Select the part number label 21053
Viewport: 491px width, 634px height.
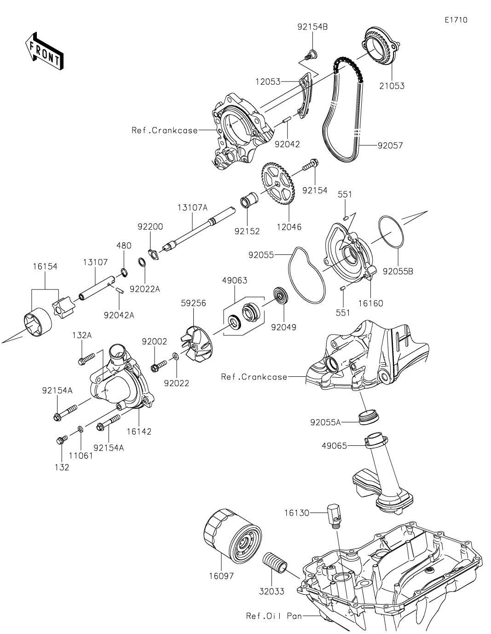[x=392, y=86]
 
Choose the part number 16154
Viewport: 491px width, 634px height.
[x=45, y=266]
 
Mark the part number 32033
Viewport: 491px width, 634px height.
[x=271, y=591]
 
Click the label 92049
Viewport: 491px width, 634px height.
[x=284, y=327]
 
